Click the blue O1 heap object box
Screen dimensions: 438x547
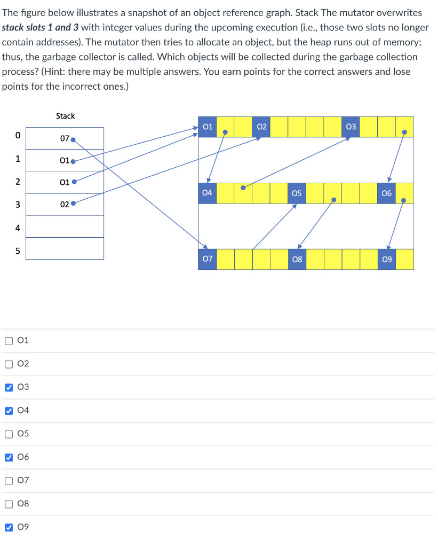pyautogui.click(x=208, y=127)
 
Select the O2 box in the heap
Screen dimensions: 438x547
pyautogui.click(x=261, y=127)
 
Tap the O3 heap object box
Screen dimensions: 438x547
pyautogui.click(x=351, y=127)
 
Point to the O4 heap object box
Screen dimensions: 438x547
pyautogui.click(x=208, y=193)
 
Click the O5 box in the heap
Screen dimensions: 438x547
pyautogui.click(x=297, y=193)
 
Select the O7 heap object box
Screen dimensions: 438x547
pyautogui.click(x=208, y=259)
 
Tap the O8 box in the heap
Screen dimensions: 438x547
pyautogui.click(x=297, y=259)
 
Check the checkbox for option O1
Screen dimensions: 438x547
pyautogui.click(x=9, y=340)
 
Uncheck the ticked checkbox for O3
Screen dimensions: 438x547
pyautogui.click(x=9, y=387)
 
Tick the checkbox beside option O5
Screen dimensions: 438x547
pyautogui.click(x=9, y=434)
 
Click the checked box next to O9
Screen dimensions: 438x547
pyautogui.click(x=9, y=527)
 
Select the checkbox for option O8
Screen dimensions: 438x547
pyautogui.click(x=9, y=504)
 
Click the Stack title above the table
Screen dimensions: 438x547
pyautogui.click(x=65, y=116)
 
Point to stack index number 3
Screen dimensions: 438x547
pyautogui.click(x=17, y=205)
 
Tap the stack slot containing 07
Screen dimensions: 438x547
pyautogui.click(x=65, y=138)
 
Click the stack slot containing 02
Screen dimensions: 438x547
pyautogui.click(x=65, y=205)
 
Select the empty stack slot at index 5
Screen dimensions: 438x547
pyautogui.click(x=65, y=248)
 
